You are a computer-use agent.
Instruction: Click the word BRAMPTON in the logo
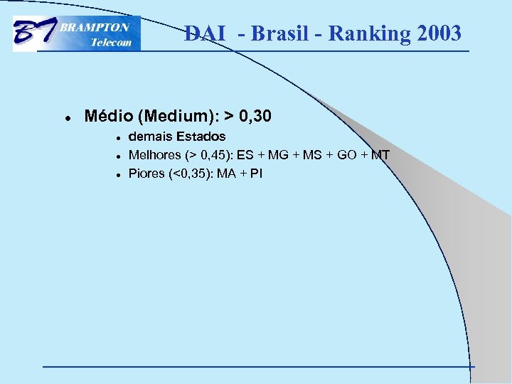pos(95,27)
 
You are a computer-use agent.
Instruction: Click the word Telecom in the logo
pos(111,42)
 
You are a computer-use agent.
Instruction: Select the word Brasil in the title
pos(281,33)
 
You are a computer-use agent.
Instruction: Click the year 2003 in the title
pos(437,33)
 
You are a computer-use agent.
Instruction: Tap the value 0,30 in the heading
pos(255,115)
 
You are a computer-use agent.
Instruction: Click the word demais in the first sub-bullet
pos(147,136)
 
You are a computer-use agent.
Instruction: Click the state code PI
pos(256,173)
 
